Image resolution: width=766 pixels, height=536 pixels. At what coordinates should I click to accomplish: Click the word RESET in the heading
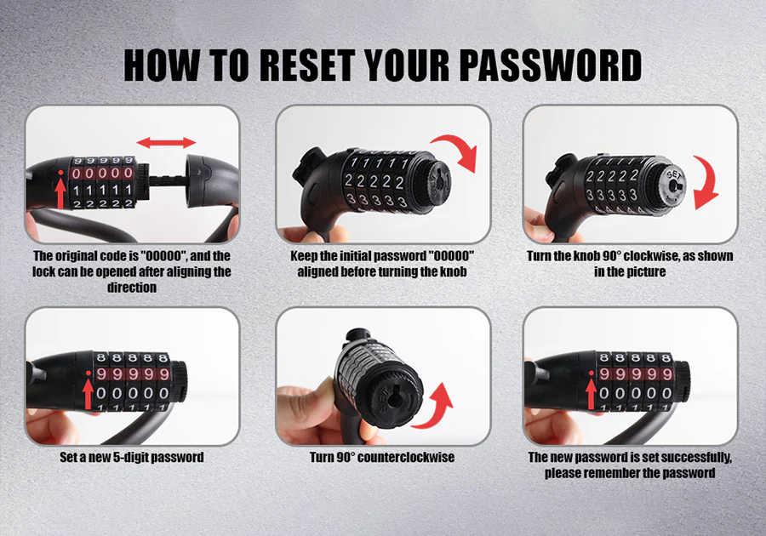(306, 65)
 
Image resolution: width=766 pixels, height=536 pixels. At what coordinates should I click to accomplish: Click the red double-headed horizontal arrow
(166, 143)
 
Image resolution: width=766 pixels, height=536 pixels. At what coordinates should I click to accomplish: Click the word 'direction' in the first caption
(132, 288)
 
